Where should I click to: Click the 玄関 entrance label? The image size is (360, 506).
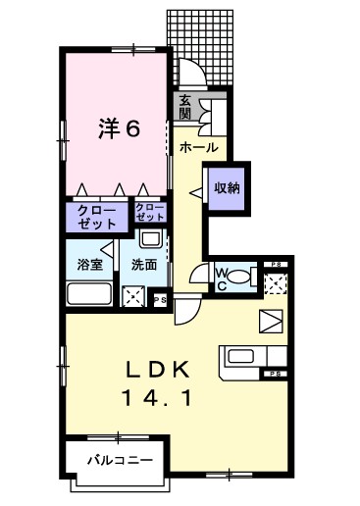pyautogui.click(x=185, y=106)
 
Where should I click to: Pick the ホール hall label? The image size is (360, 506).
pyautogui.click(x=199, y=147)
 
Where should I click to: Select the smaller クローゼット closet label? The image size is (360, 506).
pyautogui.click(x=149, y=213)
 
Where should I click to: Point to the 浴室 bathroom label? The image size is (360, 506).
pyautogui.click(x=90, y=264)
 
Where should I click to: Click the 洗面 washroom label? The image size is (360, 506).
pyautogui.click(x=145, y=264)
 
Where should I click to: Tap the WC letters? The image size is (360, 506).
pyautogui.click(x=221, y=278)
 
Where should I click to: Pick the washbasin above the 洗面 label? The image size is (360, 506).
pyautogui.click(x=149, y=240)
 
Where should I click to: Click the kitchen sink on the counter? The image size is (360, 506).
pyautogui.click(x=240, y=357)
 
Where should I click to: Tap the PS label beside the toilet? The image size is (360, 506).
pyautogui.click(x=277, y=264)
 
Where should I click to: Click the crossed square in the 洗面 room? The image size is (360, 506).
pyautogui.click(x=133, y=297)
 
